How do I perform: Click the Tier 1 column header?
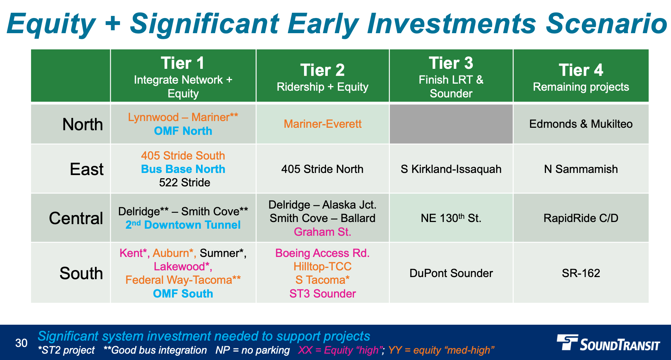183,76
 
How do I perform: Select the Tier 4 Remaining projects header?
581,76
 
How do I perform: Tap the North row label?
83,125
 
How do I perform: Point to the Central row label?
76,218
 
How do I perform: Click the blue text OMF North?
183,131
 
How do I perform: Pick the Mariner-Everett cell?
322,124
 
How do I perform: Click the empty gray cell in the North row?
451,124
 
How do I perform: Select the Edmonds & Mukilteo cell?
581,124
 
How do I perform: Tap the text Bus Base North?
183,169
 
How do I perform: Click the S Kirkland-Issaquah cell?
451,169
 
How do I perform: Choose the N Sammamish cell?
581,169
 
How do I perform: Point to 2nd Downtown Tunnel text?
183,225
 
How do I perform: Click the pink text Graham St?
322,232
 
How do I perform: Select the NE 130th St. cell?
451,218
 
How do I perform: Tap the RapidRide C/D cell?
581,218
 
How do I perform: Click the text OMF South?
183,294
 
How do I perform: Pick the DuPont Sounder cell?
451,273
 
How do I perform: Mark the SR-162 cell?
581,273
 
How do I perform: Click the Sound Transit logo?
608,343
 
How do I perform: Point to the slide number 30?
22,343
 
